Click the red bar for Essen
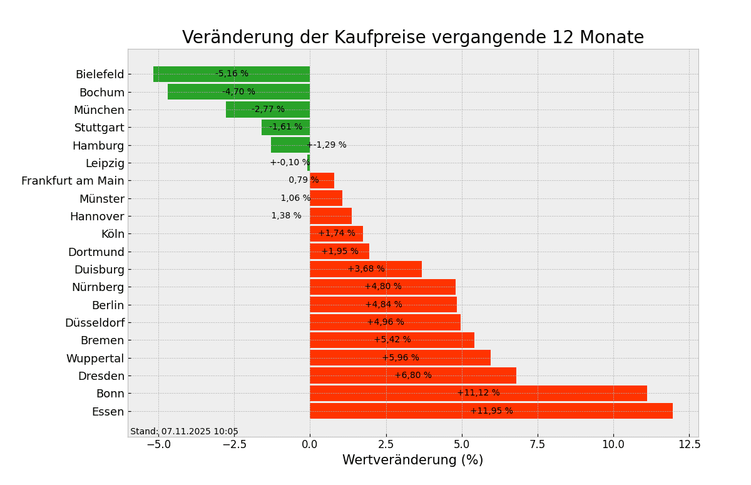[491, 411]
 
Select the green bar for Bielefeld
[232, 74]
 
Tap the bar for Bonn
[478, 393]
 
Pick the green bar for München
[268, 110]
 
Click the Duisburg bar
[365, 269]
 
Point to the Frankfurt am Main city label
[73, 181]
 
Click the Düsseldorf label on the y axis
[95, 323]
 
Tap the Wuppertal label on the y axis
[95, 359]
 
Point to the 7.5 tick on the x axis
[538, 444]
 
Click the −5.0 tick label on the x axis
[158, 444]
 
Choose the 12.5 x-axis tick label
[689, 444]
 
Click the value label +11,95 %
[491, 411]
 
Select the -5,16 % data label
[232, 74]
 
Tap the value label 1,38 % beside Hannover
[286, 216]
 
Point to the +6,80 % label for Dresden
[413, 375]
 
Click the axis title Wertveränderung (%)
[412, 461]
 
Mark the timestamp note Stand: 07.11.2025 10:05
[184, 432]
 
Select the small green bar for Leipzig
[309, 163]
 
